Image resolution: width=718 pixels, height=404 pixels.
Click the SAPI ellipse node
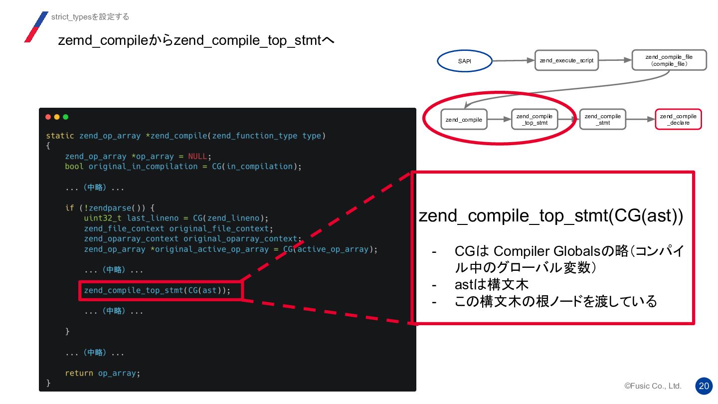(x=464, y=61)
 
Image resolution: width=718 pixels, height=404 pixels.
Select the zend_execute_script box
(x=566, y=60)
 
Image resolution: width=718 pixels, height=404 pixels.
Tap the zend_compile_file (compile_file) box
(x=669, y=60)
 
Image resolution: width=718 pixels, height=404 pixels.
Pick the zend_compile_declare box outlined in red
(x=678, y=120)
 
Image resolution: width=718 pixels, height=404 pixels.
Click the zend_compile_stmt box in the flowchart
(x=602, y=120)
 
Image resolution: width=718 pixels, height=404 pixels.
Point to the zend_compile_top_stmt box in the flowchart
(x=535, y=120)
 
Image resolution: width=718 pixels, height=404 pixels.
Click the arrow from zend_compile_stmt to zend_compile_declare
(x=640, y=120)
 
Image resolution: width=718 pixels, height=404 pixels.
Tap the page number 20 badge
(x=704, y=386)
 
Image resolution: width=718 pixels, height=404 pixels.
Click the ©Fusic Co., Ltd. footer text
(x=653, y=386)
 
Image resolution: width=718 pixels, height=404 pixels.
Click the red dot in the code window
(x=48, y=117)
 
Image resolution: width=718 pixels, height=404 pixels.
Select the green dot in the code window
(x=65, y=117)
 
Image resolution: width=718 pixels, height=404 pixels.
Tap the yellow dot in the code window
(x=57, y=117)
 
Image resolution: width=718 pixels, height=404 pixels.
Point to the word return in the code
(x=79, y=373)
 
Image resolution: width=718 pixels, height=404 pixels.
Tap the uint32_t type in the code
(x=103, y=218)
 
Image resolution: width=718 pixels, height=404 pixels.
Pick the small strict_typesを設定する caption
(x=90, y=17)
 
